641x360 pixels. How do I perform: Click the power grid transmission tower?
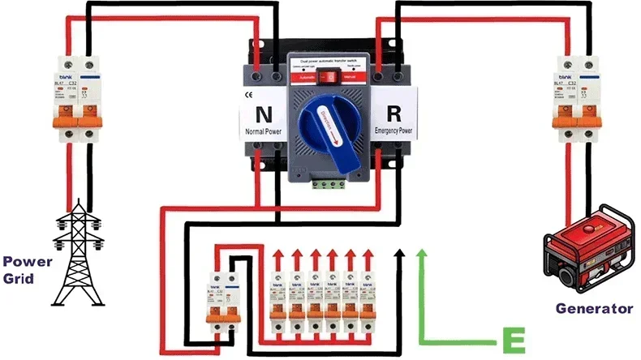tap(79, 251)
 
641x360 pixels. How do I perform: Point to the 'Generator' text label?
tap(594, 308)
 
